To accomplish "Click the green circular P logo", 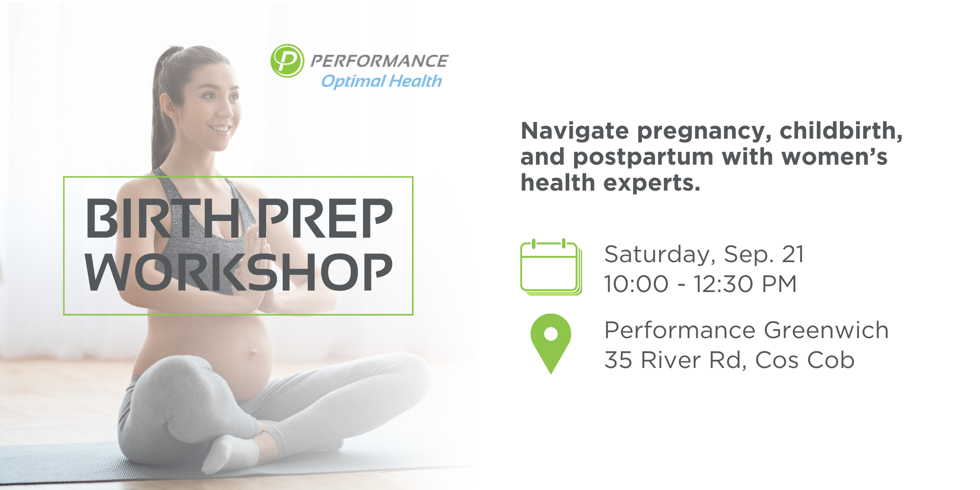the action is click(x=287, y=61).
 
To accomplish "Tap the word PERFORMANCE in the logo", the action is click(x=379, y=61).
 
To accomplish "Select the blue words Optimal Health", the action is click(x=381, y=81).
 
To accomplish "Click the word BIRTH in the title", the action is click(x=163, y=219).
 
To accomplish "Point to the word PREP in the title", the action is click(x=325, y=219).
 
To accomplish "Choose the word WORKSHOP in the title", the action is click(x=239, y=272).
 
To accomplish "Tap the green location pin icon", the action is click(x=551, y=343).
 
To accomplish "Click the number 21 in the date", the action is click(x=793, y=254).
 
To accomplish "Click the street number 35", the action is click(x=618, y=360).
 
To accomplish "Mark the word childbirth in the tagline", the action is click(x=841, y=131).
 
